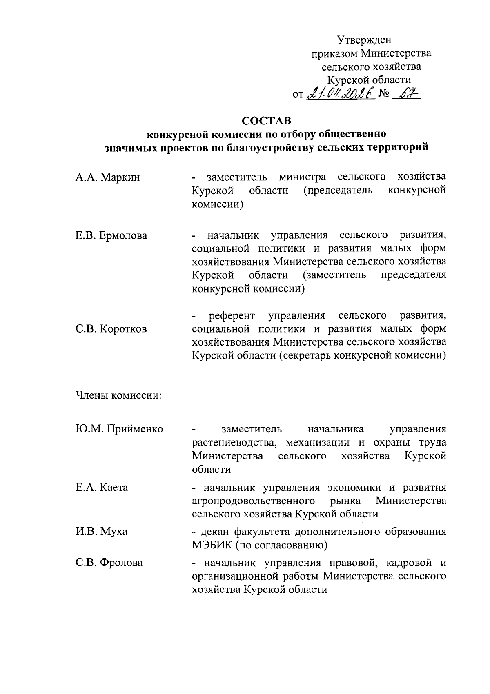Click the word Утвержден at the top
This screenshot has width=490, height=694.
point(364,40)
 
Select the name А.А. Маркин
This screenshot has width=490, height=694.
point(108,177)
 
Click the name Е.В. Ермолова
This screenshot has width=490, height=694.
point(111,236)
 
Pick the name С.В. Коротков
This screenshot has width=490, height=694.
point(111,329)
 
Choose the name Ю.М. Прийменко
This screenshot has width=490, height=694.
point(119,429)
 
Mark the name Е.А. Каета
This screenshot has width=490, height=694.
point(102,488)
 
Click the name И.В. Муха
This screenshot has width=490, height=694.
point(101,532)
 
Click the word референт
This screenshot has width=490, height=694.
point(232,316)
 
